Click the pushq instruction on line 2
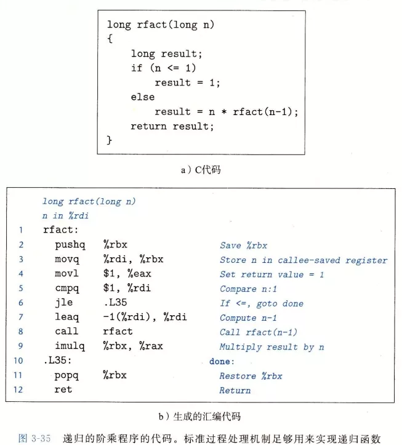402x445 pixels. tap(69, 245)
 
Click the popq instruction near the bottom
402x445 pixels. tap(66, 375)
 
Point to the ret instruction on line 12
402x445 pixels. tap(63, 390)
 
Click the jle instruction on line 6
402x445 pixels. tap(63, 303)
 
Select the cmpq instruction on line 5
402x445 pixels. tap(66, 289)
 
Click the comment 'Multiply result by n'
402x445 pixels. tap(271, 347)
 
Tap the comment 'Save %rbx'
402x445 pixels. tap(243, 245)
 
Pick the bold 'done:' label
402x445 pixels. tap(222, 361)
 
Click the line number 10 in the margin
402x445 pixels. tap(18, 361)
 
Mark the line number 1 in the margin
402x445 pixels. tap(20, 230)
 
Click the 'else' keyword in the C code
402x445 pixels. tap(142, 97)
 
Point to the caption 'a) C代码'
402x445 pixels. tap(200, 170)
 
